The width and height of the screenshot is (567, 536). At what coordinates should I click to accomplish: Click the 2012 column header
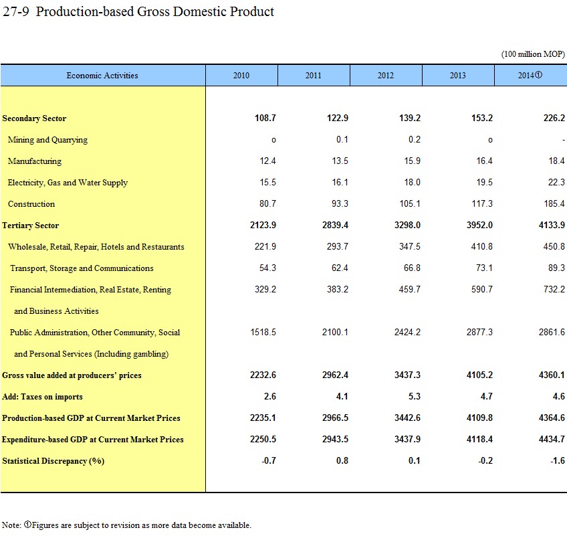[386, 76]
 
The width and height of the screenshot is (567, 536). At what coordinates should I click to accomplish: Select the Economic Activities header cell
[102, 76]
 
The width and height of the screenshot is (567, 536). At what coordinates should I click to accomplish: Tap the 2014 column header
[530, 76]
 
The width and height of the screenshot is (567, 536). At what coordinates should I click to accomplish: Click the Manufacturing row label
[35, 161]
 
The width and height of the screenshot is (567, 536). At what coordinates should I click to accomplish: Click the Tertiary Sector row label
[31, 226]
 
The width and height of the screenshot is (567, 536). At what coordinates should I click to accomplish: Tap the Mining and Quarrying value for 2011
[342, 140]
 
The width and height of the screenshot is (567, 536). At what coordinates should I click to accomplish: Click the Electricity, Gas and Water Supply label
[68, 183]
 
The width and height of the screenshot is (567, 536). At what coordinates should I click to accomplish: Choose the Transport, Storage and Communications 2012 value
[413, 268]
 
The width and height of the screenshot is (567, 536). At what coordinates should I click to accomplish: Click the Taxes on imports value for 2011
[342, 397]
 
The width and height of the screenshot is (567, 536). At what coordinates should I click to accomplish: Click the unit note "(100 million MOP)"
[533, 54]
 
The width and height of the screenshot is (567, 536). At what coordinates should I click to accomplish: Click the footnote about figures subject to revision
[126, 525]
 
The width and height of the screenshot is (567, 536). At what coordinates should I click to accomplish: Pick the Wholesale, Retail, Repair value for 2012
[409, 247]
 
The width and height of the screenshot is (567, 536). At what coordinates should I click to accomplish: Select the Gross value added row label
[72, 375]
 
